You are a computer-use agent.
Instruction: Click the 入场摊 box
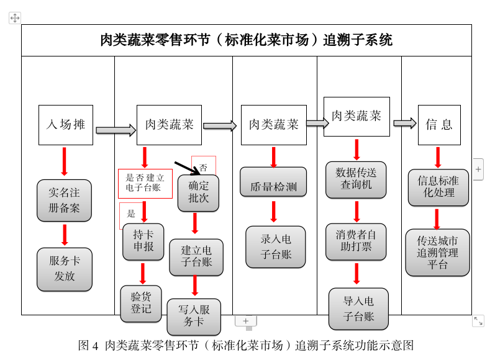point(65,125)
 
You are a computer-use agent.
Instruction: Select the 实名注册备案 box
point(64,200)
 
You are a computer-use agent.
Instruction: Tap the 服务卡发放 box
point(64,269)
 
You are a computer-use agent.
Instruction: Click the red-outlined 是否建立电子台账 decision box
point(145,184)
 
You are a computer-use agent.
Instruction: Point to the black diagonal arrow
point(187,167)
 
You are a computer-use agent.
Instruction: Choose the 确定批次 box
point(199,192)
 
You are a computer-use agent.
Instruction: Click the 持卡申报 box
point(143,241)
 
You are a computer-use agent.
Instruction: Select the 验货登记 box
point(141,303)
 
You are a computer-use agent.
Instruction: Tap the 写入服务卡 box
point(194,316)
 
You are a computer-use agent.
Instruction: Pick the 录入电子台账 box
point(275,246)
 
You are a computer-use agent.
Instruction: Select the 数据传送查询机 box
point(356,179)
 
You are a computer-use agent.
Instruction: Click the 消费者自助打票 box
point(356,241)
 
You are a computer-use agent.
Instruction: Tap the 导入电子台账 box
point(358,308)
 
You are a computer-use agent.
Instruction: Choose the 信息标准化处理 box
point(438,187)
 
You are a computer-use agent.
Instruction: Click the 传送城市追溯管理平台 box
point(437,253)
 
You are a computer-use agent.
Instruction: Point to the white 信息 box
point(439,125)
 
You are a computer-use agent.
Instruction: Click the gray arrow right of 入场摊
point(116,130)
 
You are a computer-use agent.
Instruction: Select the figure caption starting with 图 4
point(246,346)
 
